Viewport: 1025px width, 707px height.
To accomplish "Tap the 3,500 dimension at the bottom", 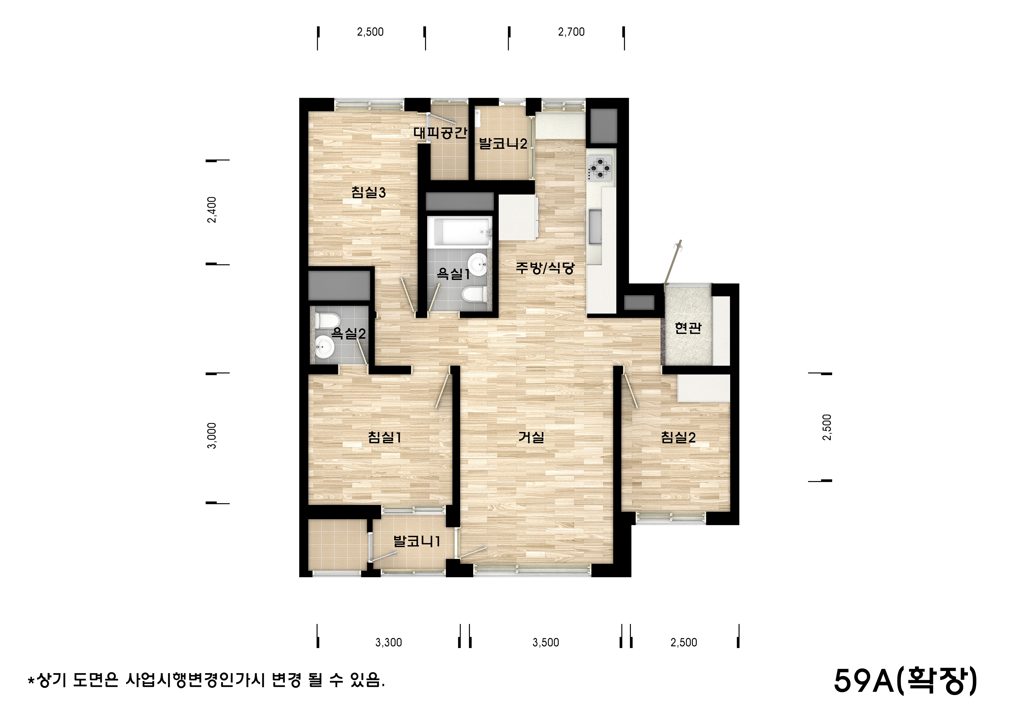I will pos(545,642).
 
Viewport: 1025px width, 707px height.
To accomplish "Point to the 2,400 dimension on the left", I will pos(212,210).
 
